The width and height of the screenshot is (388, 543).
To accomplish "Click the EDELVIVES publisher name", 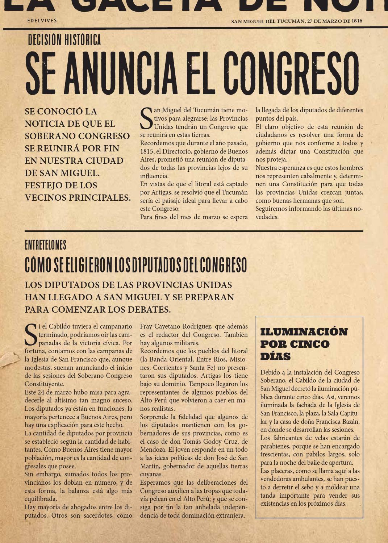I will pos(42,21).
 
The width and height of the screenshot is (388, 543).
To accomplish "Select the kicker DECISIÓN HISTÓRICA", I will pos(64,40).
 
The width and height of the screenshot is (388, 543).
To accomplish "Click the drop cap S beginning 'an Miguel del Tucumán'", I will pos(146,118).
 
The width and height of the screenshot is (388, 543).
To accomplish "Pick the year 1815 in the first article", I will pos(147,151).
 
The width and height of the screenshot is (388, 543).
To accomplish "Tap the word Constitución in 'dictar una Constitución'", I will pos(333,151).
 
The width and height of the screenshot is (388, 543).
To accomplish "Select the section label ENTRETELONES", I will pos(45,245).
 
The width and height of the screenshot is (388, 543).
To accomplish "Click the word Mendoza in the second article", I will pos(154,450).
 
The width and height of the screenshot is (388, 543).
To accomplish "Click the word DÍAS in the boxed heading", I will pos(275,356).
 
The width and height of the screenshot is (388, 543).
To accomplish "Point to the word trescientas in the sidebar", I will pos(276,454).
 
